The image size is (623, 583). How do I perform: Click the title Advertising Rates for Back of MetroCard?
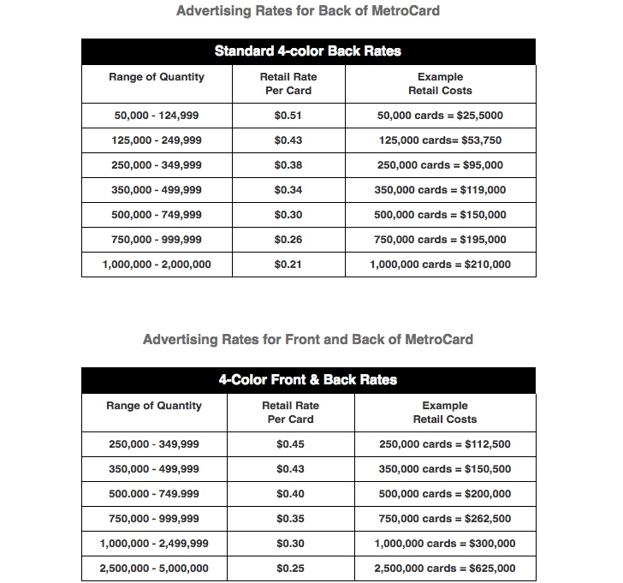[308, 11]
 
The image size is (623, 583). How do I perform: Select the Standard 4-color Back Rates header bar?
[308, 51]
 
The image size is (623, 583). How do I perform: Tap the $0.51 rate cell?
[288, 116]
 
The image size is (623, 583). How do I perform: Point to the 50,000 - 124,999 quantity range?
[157, 116]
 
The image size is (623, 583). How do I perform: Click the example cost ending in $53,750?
[440, 140]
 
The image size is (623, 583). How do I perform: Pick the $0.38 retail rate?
[288, 165]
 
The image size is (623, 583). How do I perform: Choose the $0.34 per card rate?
[288, 190]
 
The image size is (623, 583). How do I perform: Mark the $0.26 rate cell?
[288, 240]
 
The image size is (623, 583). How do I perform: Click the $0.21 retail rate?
[288, 265]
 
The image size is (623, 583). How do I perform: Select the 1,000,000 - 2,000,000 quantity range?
[157, 265]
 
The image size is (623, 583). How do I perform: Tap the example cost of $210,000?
[440, 265]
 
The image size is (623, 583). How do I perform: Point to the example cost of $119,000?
[440, 190]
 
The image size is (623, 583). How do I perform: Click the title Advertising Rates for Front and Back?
[308, 339]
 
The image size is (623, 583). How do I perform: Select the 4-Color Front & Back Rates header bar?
[308, 380]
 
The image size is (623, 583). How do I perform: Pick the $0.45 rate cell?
[290, 444]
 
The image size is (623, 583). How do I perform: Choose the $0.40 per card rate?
[290, 494]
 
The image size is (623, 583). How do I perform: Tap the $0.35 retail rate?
[290, 519]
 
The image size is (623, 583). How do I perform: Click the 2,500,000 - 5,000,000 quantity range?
[154, 568]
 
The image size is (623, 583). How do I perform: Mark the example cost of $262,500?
[445, 519]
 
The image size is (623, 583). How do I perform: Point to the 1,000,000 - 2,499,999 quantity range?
[154, 544]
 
